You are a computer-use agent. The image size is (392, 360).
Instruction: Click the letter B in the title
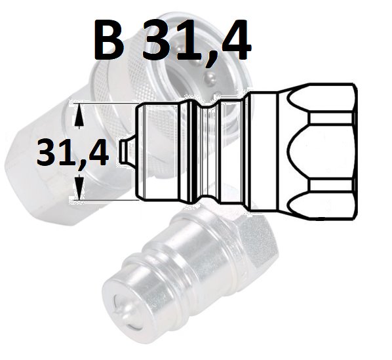click(x=108, y=40)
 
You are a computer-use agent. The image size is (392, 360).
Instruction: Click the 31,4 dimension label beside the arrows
click(x=73, y=153)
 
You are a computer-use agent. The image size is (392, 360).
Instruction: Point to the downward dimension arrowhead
click(x=79, y=187)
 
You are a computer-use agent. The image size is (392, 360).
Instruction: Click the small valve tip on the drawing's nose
click(x=127, y=151)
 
